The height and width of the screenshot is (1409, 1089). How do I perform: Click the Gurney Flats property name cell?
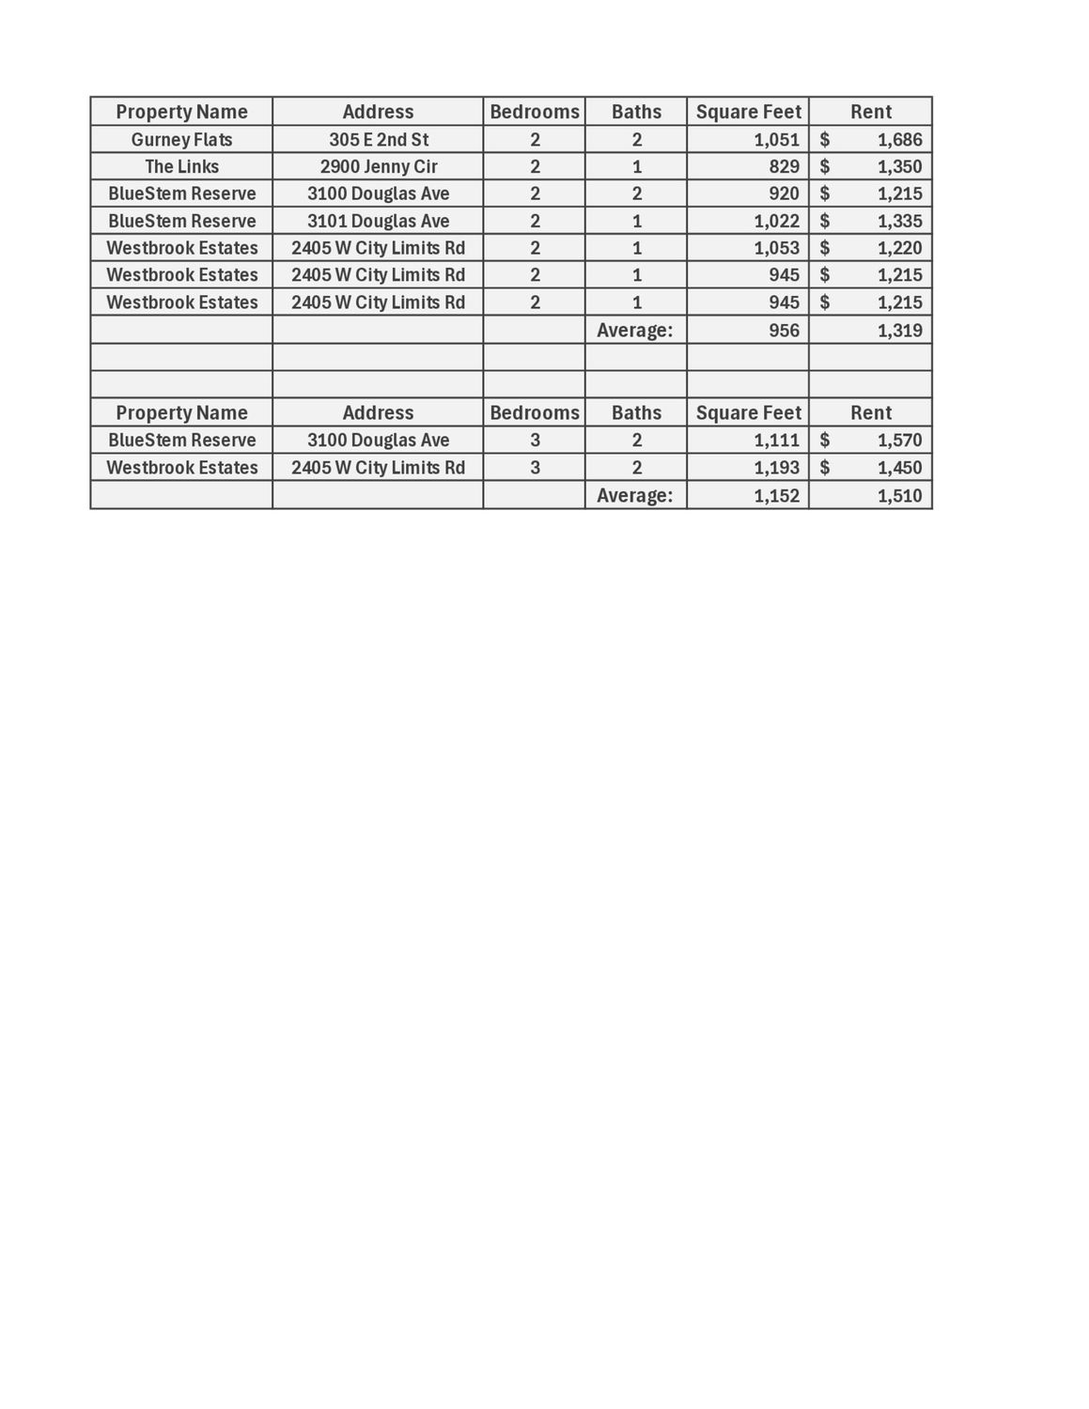[181, 140]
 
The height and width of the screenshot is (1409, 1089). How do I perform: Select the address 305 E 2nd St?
[378, 140]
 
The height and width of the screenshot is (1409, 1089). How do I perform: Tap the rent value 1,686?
[899, 140]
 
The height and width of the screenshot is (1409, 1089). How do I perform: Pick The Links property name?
[181, 167]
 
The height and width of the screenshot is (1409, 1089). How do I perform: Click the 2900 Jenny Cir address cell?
[378, 167]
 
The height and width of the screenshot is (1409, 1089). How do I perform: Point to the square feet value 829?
[784, 167]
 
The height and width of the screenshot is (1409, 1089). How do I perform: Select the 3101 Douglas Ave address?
[378, 222]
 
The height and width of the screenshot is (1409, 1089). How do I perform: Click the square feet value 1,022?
[776, 222]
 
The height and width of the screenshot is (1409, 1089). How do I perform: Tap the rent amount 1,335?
[899, 222]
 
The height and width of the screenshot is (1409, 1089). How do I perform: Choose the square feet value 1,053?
[776, 249]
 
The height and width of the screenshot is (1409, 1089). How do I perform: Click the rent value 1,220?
[899, 249]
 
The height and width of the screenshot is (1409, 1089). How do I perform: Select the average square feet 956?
[784, 331]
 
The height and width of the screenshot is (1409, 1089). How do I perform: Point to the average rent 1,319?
[899, 331]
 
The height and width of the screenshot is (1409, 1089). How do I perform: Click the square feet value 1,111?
[776, 441]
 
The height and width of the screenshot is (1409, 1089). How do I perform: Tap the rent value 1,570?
[899, 441]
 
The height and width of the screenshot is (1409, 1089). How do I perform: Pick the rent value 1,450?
[899, 468]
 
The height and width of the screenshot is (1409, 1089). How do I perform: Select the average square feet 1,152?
[776, 496]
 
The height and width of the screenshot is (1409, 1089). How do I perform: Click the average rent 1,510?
[899, 496]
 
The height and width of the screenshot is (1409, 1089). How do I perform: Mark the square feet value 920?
[784, 194]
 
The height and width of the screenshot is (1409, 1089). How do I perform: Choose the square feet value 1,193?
[776, 468]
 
